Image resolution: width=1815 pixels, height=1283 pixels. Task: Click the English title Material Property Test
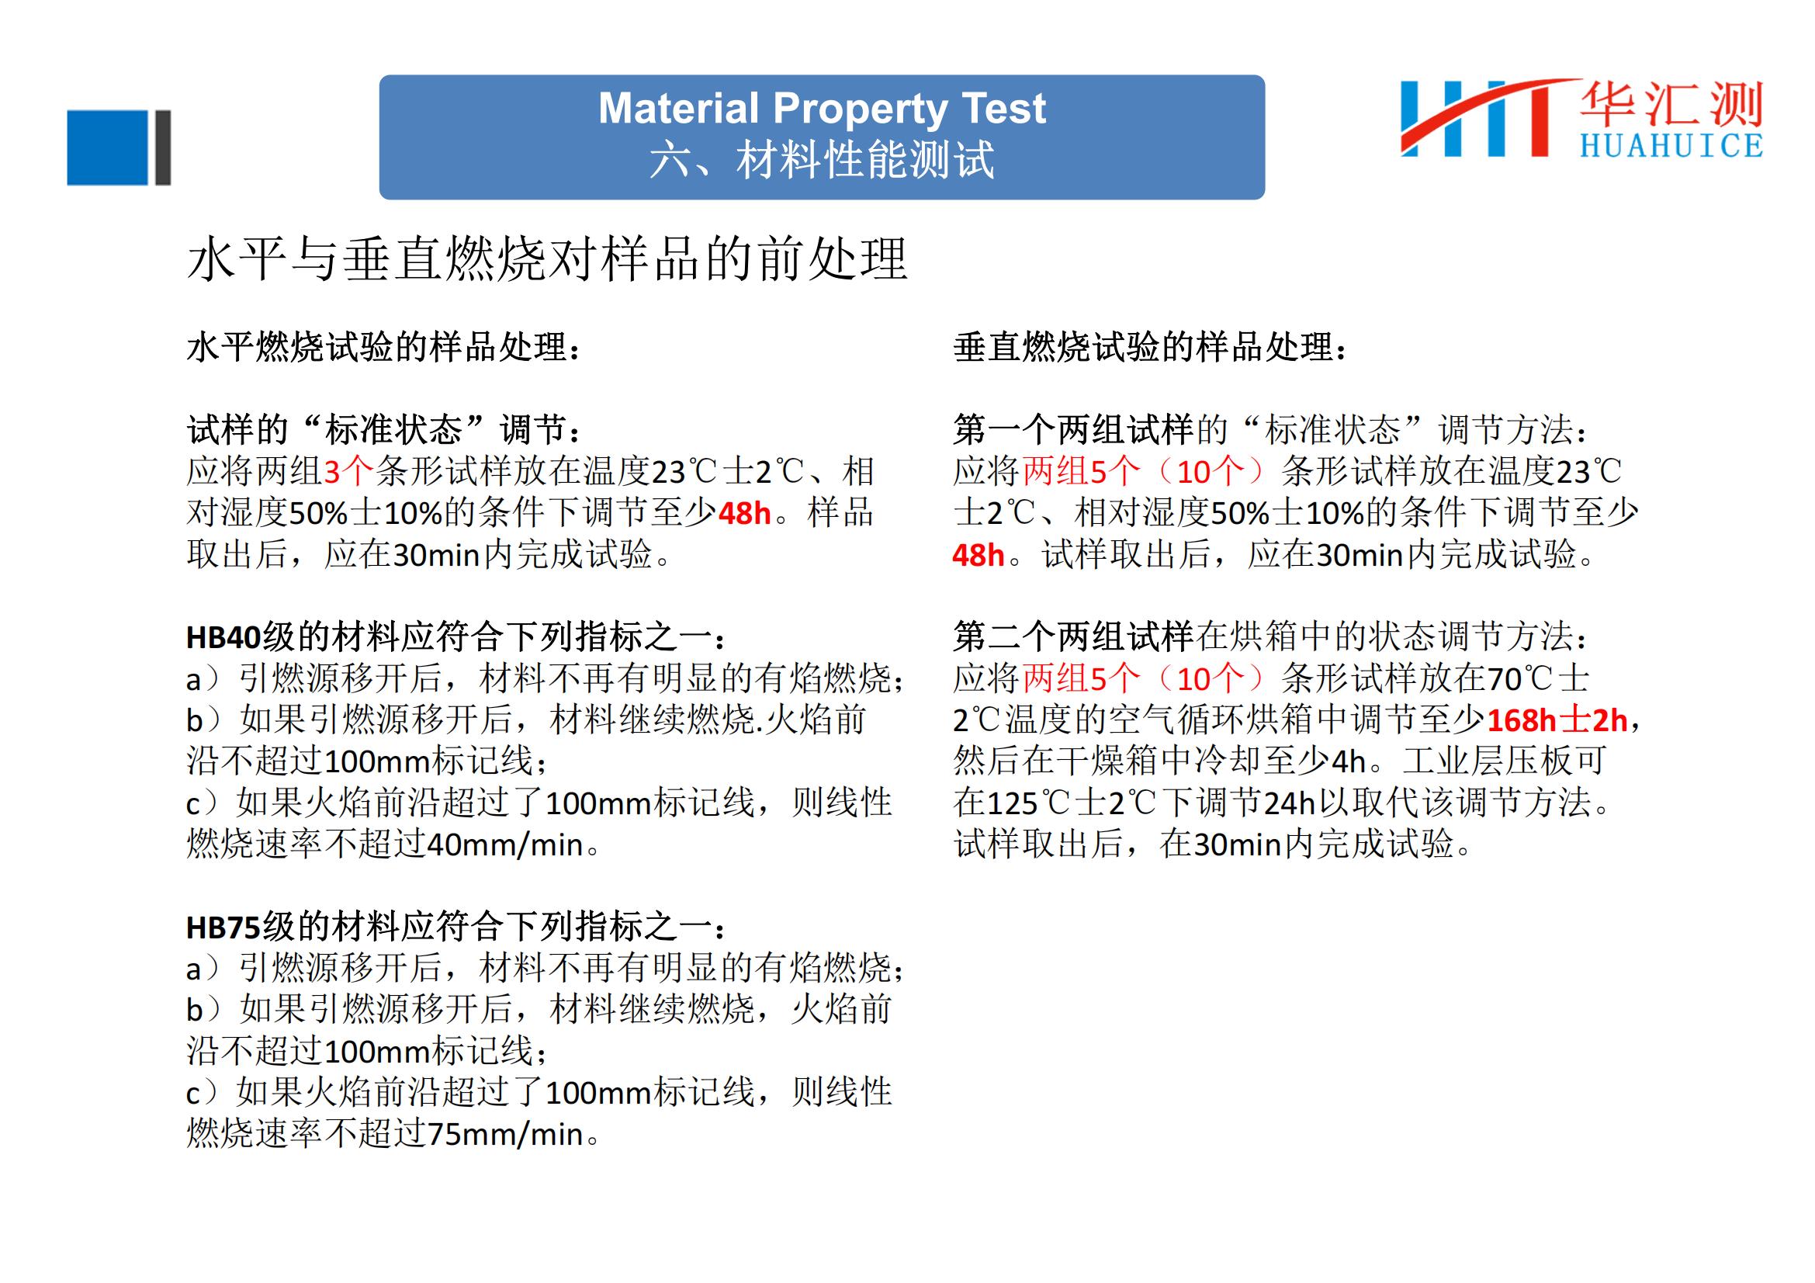[822, 109]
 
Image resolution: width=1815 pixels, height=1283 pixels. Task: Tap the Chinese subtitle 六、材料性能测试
[822, 160]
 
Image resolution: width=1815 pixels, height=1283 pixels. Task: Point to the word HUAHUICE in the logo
[1671, 145]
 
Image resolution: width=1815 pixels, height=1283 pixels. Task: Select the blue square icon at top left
[109, 147]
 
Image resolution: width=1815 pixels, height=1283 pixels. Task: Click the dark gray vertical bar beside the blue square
[163, 147]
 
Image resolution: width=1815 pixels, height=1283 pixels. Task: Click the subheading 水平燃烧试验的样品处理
[384, 347]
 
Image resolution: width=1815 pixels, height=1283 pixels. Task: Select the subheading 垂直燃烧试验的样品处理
[1151, 347]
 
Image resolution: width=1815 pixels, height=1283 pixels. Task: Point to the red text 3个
[348, 472]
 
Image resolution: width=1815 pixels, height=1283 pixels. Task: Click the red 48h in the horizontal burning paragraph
[745, 514]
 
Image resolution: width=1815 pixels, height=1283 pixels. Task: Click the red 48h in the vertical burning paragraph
[979, 555]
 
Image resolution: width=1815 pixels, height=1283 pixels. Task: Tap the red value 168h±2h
[1557, 720]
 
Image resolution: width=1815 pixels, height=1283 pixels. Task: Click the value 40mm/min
[505, 845]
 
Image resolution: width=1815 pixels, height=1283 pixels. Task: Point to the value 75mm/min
[505, 1135]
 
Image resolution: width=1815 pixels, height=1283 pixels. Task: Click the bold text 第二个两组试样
[1073, 636]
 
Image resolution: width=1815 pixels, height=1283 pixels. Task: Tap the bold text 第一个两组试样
[1073, 430]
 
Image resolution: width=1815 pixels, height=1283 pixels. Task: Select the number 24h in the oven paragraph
[1290, 803]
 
